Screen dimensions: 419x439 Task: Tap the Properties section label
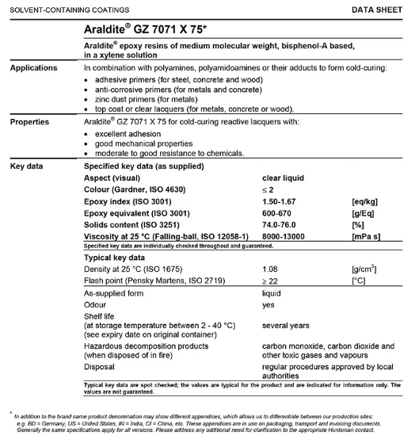tap(31, 122)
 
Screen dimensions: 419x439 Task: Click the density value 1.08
tap(271, 269)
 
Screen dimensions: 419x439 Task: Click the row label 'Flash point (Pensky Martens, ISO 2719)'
tap(158, 281)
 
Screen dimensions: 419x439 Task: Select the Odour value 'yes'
tap(269, 305)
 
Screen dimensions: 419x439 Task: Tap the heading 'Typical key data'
tap(114, 258)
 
